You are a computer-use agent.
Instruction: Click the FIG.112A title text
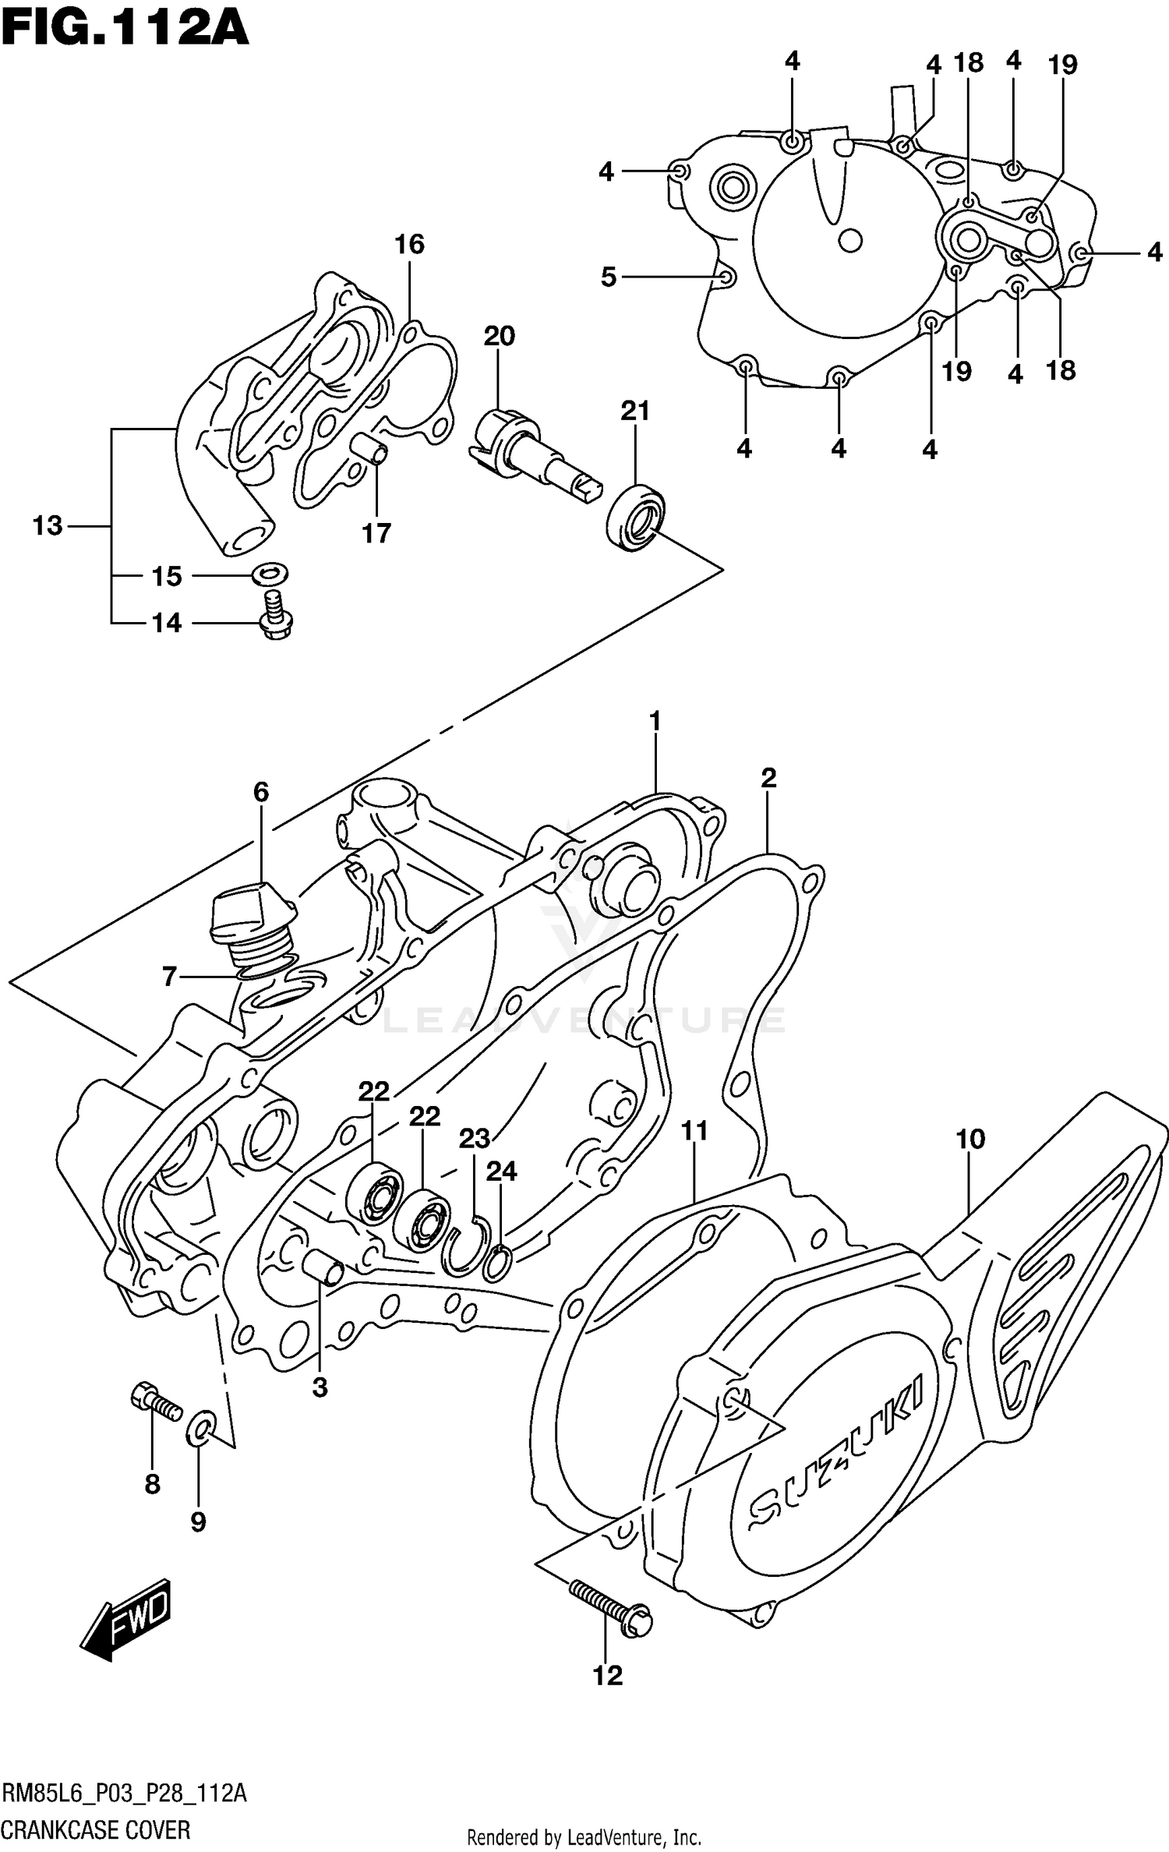(125, 29)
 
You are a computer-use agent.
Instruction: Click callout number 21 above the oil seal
(635, 411)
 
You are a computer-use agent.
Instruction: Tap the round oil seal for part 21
(634, 518)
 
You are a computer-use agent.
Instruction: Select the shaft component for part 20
(534, 457)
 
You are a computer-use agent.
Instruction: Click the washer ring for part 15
(270, 575)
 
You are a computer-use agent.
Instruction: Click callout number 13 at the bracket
(48, 526)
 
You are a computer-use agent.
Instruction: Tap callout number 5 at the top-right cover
(609, 277)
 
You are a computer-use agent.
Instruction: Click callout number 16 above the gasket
(409, 245)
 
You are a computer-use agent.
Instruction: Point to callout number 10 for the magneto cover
(970, 1140)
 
